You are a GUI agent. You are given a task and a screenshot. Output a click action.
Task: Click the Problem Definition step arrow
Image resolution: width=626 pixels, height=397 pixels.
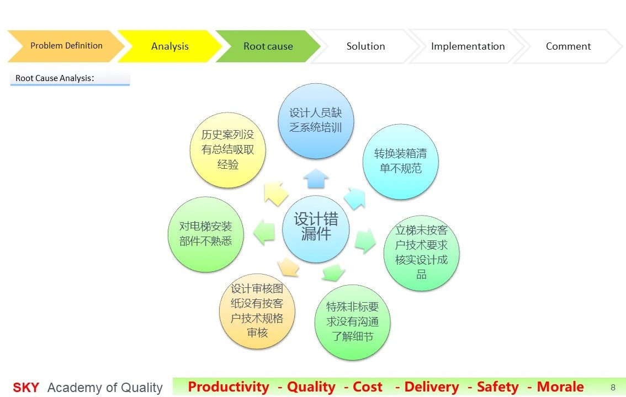click(x=66, y=46)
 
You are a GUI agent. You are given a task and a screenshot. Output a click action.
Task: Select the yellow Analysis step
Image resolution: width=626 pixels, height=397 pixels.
click(x=169, y=46)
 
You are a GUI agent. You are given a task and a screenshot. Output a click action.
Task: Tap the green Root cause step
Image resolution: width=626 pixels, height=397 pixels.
click(x=268, y=46)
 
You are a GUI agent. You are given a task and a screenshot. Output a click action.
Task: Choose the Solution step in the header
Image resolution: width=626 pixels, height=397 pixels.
click(x=365, y=46)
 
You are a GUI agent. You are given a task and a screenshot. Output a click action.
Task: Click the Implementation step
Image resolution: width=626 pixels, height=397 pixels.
click(x=468, y=46)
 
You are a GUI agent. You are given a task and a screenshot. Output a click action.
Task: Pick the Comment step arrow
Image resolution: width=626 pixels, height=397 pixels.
click(x=567, y=46)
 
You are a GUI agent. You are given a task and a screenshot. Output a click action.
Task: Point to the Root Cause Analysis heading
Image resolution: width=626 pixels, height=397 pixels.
click(x=55, y=78)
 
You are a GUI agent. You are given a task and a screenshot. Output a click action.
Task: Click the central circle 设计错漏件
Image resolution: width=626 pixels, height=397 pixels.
click(x=316, y=229)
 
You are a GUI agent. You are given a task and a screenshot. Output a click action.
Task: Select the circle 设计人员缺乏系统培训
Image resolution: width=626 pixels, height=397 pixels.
click(x=316, y=121)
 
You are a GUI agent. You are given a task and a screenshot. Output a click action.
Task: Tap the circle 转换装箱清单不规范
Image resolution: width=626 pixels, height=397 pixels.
click(x=400, y=162)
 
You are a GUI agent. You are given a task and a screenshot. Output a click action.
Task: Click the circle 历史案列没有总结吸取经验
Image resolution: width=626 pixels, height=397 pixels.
click(x=227, y=150)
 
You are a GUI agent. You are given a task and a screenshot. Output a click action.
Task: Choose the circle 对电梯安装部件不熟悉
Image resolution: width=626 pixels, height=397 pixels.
click(x=205, y=234)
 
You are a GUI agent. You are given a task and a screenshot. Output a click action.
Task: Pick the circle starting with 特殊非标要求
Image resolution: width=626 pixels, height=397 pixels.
click(x=353, y=322)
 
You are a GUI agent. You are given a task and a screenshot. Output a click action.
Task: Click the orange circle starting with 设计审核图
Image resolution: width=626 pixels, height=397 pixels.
click(x=257, y=311)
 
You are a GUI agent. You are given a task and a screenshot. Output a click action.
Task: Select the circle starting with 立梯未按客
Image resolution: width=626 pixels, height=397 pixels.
click(x=421, y=253)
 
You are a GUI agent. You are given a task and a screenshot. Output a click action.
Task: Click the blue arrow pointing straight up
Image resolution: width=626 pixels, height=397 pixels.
click(x=316, y=179)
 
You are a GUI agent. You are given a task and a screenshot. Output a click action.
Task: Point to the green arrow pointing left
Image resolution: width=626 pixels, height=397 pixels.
click(x=264, y=232)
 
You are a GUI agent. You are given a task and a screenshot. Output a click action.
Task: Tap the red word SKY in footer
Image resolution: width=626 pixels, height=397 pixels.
click(x=26, y=388)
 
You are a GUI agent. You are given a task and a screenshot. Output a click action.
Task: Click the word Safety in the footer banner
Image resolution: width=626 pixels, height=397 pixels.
click(x=498, y=387)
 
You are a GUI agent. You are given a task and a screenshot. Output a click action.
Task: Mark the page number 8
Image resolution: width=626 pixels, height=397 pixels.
click(x=613, y=388)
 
